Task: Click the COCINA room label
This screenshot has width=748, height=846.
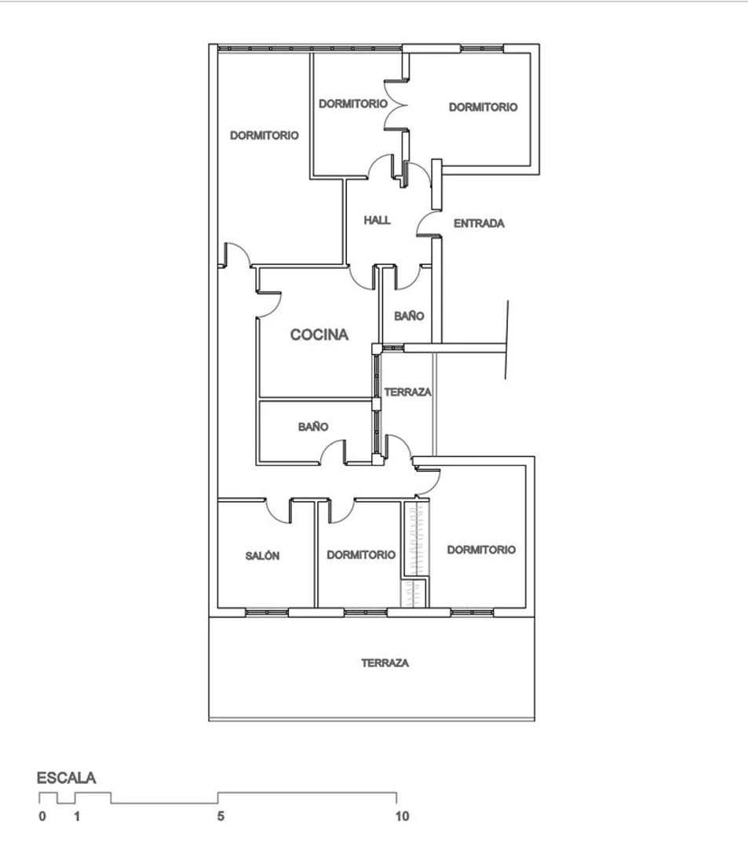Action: pyautogui.click(x=319, y=335)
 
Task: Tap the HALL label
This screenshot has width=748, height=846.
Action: pyautogui.click(x=377, y=220)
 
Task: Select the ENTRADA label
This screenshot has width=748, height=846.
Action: pyautogui.click(x=479, y=223)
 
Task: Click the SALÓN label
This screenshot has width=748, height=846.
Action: pyautogui.click(x=262, y=555)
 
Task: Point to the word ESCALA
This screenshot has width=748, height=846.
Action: pyautogui.click(x=67, y=778)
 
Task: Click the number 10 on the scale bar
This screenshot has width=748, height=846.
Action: pyautogui.click(x=403, y=815)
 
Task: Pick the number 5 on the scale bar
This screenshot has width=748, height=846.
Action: pyautogui.click(x=221, y=815)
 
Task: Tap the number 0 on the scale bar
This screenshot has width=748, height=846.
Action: pyautogui.click(x=42, y=815)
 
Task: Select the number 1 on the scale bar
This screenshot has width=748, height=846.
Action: pyautogui.click(x=77, y=815)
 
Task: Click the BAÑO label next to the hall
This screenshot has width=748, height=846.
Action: pyautogui.click(x=409, y=316)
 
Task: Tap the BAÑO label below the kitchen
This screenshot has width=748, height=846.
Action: pyautogui.click(x=313, y=427)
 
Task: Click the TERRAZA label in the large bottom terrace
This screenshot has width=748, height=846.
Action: pyautogui.click(x=385, y=663)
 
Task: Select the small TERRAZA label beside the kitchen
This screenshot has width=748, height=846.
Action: pyautogui.click(x=408, y=392)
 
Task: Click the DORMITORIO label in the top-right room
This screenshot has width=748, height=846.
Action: pyautogui.click(x=483, y=107)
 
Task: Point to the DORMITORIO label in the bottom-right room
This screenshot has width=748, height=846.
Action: pyautogui.click(x=481, y=550)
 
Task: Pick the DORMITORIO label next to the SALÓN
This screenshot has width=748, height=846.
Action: pyautogui.click(x=361, y=554)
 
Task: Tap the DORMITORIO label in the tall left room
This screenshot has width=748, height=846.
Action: pyautogui.click(x=264, y=136)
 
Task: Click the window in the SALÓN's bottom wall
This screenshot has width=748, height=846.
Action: pyautogui.click(x=266, y=612)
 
